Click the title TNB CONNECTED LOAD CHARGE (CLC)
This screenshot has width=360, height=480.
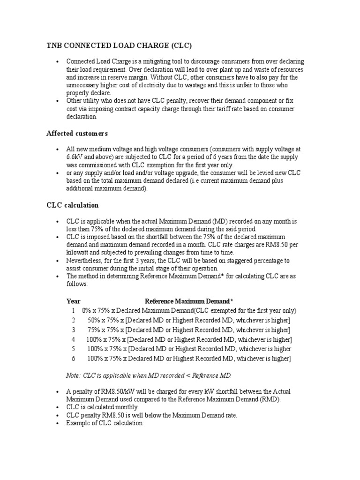click(119, 45)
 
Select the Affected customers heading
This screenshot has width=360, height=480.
click(77, 134)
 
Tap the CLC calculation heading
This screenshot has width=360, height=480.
click(72, 205)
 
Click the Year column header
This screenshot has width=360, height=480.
click(73, 301)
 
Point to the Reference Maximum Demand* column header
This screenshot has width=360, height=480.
click(189, 301)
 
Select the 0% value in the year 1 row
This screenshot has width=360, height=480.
click(87, 310)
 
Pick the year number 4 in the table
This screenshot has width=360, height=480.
click(73, 339)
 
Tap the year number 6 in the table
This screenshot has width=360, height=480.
click(73, 359)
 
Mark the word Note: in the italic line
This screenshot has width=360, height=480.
click(74, 375)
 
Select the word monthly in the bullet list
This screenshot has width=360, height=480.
click(125, 407)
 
